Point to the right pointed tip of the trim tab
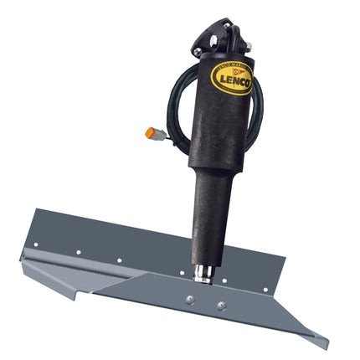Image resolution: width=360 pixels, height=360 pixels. (325, 344)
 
